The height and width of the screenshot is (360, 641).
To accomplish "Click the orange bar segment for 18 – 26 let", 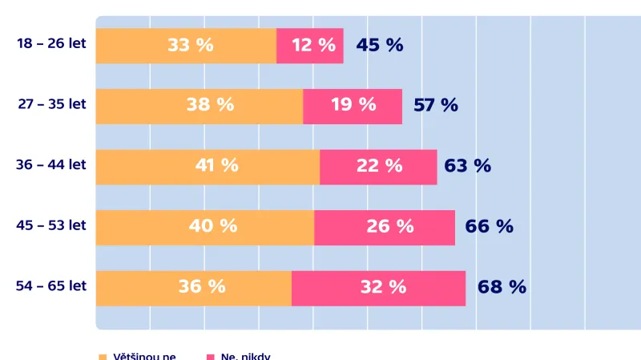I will (186, 46).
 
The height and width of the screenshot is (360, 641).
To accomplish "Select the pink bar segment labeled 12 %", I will (310, 46).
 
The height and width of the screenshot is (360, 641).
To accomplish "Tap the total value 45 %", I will (380, 46).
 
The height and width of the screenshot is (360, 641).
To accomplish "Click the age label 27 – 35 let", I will (51, 104).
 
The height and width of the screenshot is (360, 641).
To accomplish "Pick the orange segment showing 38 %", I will (200, 106).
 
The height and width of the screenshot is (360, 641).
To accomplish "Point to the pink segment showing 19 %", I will (353, 106).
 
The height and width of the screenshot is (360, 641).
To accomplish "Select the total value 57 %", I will (436, 105).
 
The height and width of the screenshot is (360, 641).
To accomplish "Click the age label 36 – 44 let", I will (51, 165).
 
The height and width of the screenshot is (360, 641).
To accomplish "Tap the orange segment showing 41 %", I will (208, 167).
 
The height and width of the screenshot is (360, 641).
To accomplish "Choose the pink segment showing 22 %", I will (378, 167).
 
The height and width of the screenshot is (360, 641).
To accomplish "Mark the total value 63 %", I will (467, 166).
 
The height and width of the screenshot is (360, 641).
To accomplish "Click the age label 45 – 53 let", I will (51, 226).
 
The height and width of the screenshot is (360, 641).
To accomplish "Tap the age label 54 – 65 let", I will (51, 286).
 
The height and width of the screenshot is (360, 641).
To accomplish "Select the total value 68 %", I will (502, 287).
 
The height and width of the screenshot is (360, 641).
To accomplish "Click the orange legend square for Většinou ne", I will (102, 356).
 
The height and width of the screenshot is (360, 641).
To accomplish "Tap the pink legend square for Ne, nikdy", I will (212, 356).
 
